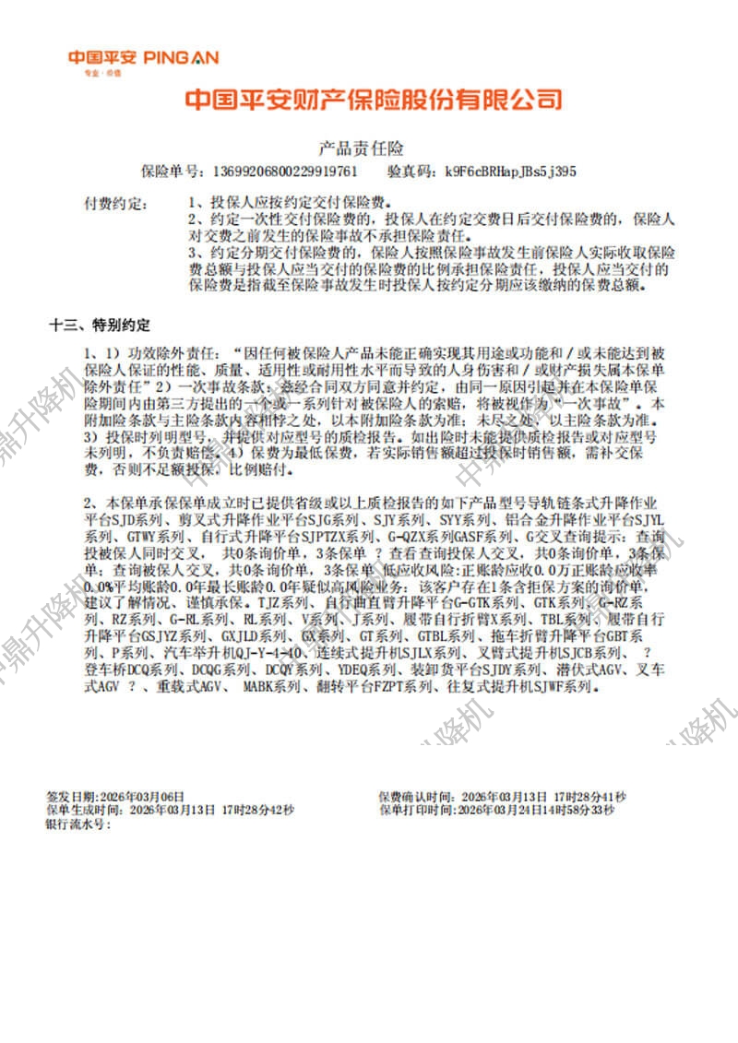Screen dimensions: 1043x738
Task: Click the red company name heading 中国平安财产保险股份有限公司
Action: point(373,100)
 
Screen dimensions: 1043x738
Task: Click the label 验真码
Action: point(411,171)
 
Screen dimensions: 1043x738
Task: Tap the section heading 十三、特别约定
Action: point(100,326)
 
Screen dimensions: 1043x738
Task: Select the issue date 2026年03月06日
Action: point(141,796)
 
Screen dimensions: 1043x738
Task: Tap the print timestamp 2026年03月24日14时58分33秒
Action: point(535,810)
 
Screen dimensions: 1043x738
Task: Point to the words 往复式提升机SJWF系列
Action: point(522,687)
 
